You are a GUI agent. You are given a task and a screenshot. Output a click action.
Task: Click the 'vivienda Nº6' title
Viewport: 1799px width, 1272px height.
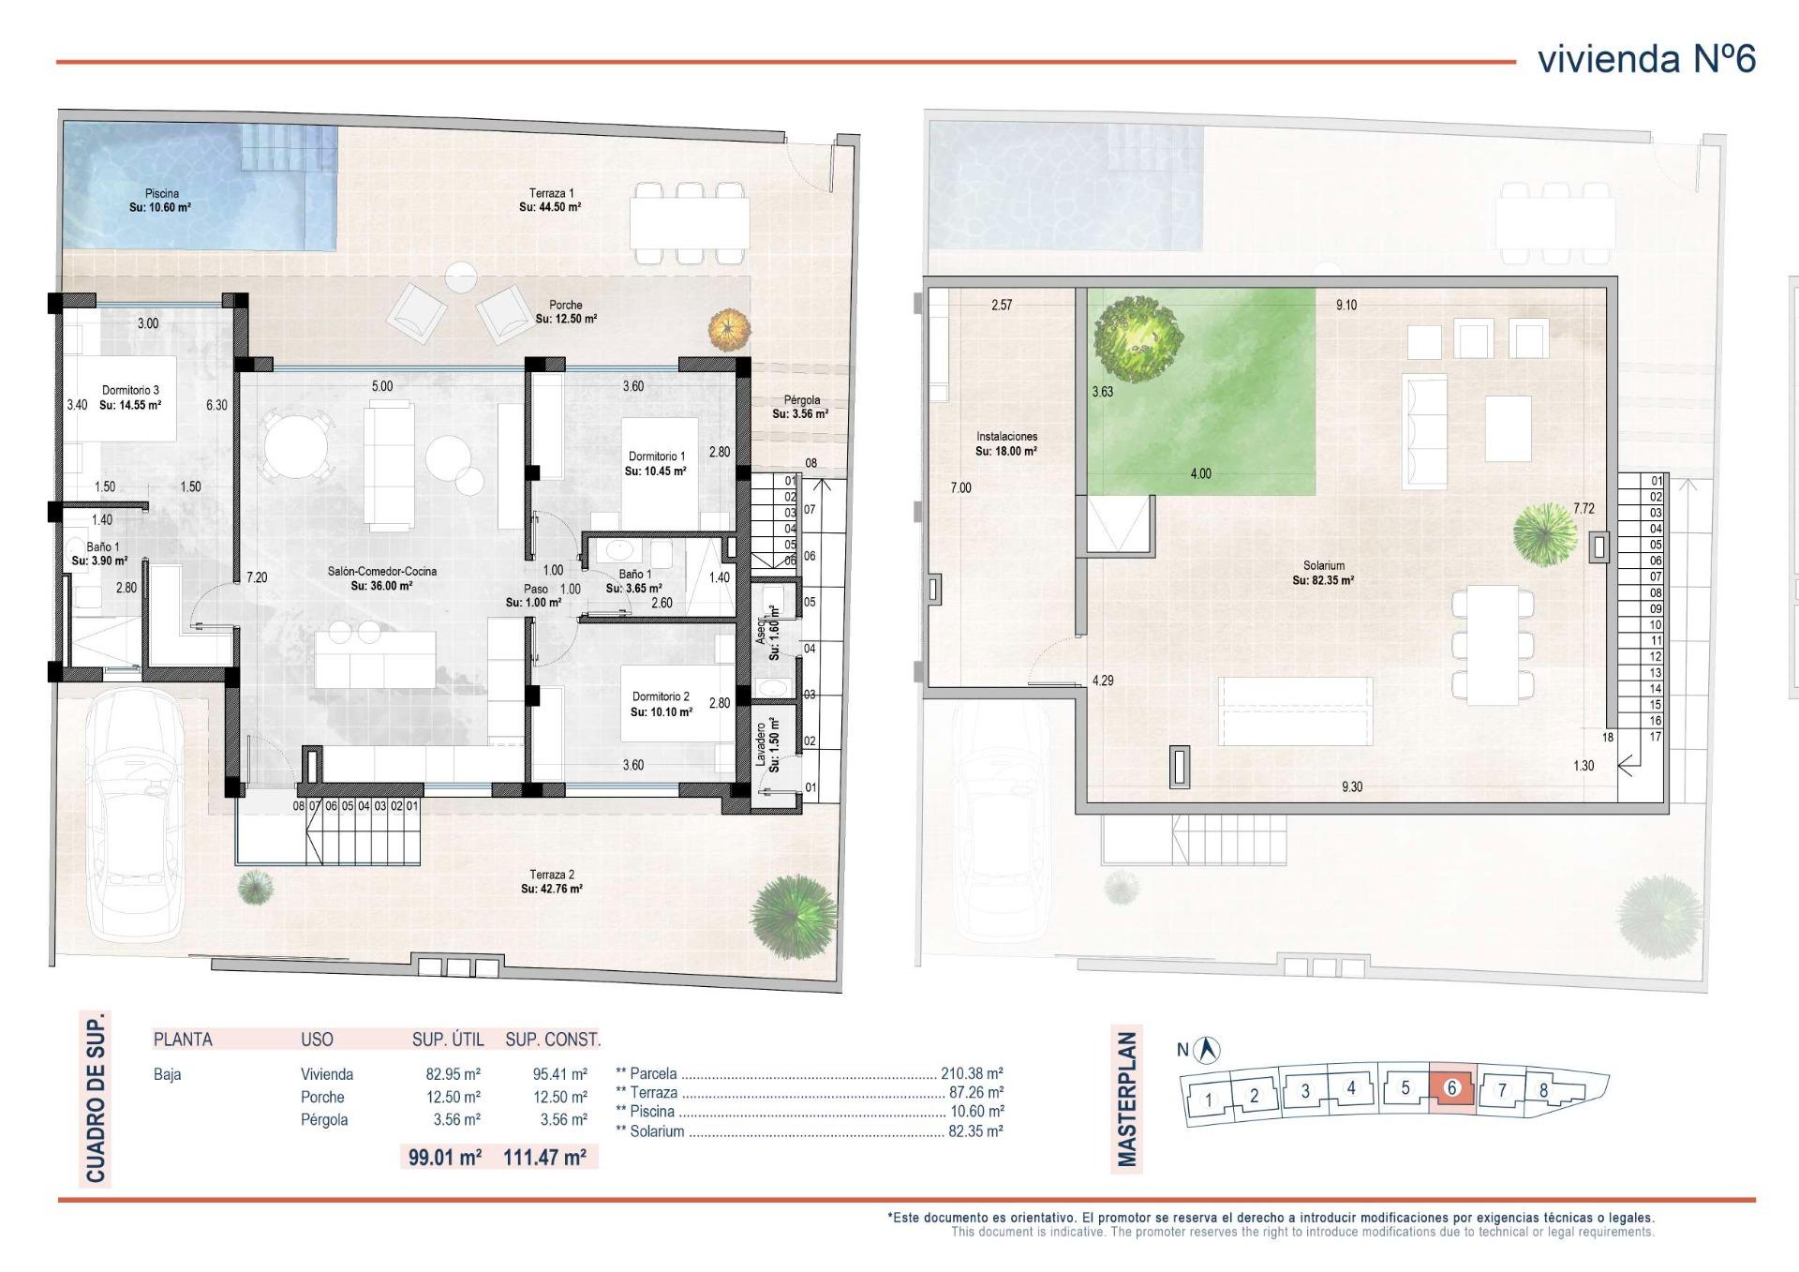click(1646, 59)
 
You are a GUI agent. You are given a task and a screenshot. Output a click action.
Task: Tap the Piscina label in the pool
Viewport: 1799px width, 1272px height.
click(161, 200)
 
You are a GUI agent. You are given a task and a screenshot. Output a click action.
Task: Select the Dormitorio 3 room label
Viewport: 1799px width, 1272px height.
click(130, 397)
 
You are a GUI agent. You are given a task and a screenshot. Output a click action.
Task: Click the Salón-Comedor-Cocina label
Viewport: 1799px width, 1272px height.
click(381, 577)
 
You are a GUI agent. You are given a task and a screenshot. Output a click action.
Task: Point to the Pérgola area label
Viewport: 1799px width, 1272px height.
click(801, 406)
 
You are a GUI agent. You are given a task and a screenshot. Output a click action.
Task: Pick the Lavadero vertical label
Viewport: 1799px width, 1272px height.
click(774, 745)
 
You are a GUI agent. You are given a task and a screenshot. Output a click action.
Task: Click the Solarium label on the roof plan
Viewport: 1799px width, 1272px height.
click(1323, 572)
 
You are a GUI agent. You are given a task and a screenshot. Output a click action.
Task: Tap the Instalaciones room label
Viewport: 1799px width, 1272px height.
click(1006, 443)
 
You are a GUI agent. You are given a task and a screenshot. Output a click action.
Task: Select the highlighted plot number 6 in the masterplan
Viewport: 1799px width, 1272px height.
click(1451, 1088)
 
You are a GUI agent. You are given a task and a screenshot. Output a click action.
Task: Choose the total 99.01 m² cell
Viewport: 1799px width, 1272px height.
click(445, 1157)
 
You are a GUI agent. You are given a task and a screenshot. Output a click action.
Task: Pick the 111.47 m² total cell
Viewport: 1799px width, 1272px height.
click(544, 1157)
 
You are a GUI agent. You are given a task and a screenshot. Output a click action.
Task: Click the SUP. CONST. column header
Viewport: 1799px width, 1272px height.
click(553, 1039)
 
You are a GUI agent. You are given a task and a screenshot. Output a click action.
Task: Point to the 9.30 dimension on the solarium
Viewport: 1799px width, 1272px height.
click(1351, 786)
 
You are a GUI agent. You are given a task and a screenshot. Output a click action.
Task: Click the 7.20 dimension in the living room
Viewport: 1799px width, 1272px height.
click(257, 577)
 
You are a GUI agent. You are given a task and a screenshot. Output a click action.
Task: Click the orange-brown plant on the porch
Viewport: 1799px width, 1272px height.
click(730, 329)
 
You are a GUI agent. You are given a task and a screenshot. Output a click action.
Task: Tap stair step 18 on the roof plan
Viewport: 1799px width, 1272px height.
click(1608, 737)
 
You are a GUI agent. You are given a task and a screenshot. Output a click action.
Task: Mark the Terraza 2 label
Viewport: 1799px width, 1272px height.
click(552, 881)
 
